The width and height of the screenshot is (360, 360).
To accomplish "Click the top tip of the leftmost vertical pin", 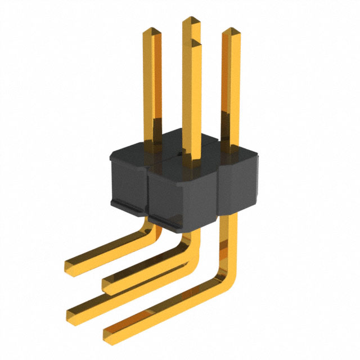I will pyautogui.click(x=151, y=30).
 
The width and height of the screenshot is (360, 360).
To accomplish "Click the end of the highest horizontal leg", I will pyautogui.click(x=69, y=265).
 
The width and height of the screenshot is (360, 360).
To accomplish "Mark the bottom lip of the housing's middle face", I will pyautogui.click(x=179, y=220).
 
